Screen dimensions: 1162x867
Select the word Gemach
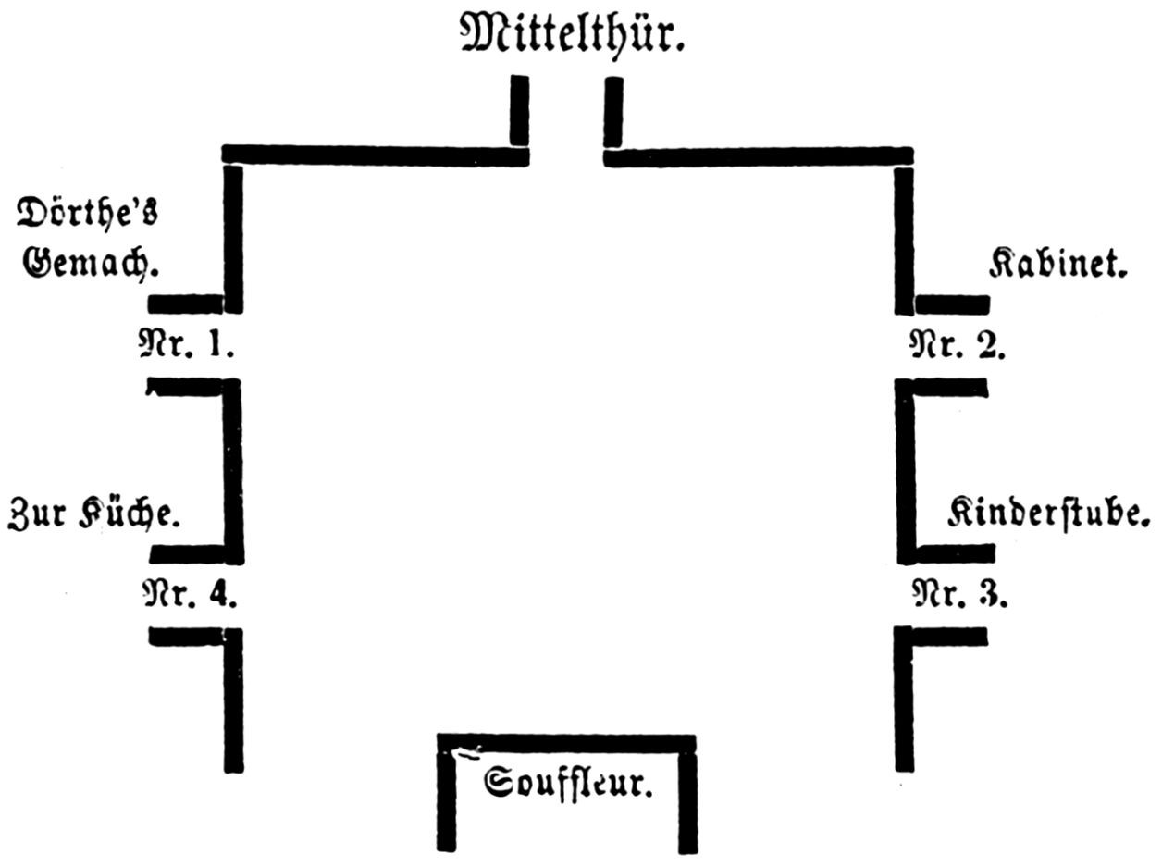91,263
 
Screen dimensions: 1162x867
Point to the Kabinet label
1058,263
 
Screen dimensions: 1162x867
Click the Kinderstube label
1049,514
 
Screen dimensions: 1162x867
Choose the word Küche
130,514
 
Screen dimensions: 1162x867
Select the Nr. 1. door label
186,343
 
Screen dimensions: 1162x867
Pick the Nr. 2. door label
958,344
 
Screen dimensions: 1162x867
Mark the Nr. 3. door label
959,594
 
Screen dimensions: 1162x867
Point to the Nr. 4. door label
190,594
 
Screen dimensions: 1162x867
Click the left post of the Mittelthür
519,110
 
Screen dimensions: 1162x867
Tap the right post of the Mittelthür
613,112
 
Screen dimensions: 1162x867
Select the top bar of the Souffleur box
566,743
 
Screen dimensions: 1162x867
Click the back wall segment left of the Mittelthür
376,155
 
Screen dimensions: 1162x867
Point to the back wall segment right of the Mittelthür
759,157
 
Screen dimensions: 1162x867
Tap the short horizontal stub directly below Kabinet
953,304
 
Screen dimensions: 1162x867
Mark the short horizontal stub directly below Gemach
186,304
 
